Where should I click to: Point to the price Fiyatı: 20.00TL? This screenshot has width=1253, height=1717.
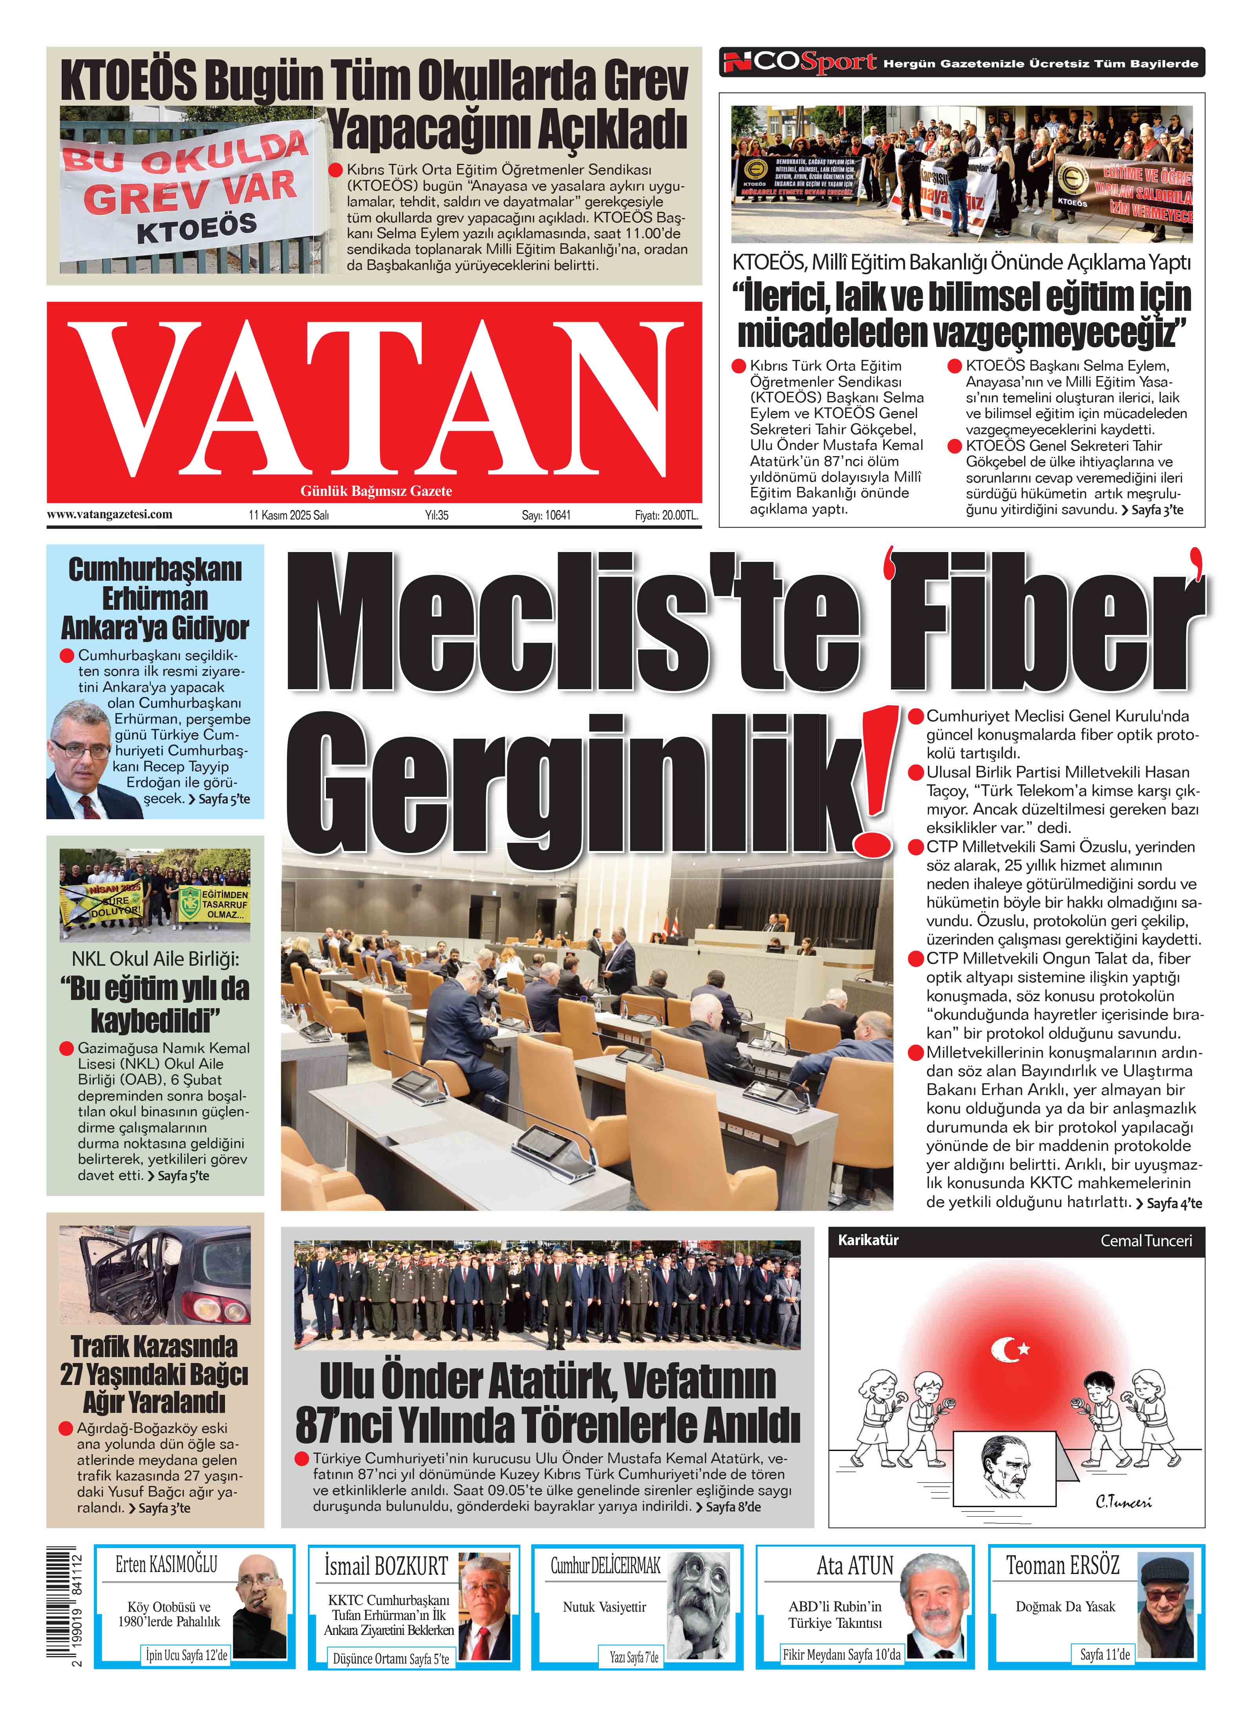coord(666,515)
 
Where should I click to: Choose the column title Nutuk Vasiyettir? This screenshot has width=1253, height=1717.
coord(604,1607)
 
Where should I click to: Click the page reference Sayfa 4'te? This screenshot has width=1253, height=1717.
coord(1173,1203)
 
